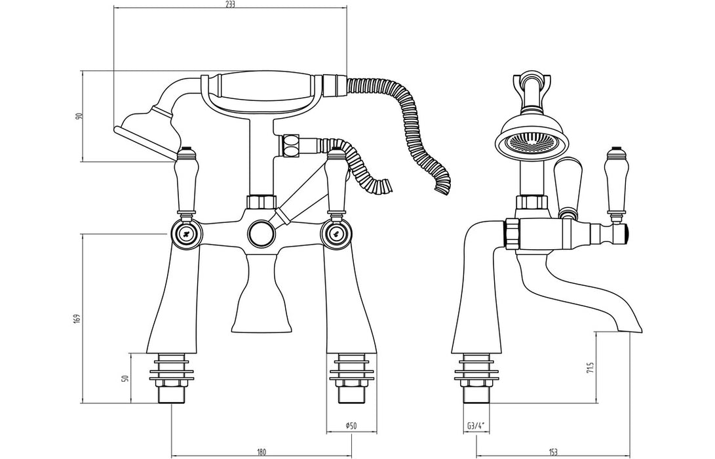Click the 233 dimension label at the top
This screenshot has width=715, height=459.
click(231, 4)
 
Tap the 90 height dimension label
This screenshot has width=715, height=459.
click(78, 116)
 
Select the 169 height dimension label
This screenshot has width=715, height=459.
click(77, 319)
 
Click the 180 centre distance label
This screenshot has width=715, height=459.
click(261, 452)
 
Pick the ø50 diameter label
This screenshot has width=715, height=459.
click(351, 426)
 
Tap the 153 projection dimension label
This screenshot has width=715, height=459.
click(553, 452)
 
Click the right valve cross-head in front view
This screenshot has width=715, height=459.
click(336, 233)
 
